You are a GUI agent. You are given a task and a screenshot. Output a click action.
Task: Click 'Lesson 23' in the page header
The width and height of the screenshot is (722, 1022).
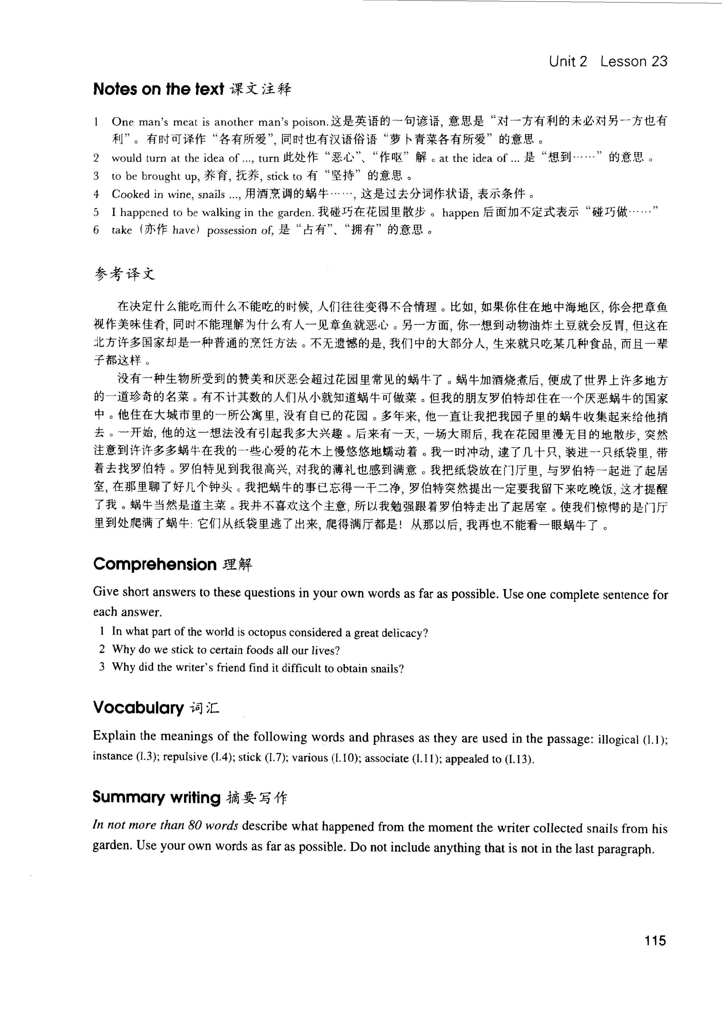click(x=633, y=61)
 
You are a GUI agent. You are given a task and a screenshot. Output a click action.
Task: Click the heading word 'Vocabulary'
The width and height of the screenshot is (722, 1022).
click(x=138, y=707)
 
